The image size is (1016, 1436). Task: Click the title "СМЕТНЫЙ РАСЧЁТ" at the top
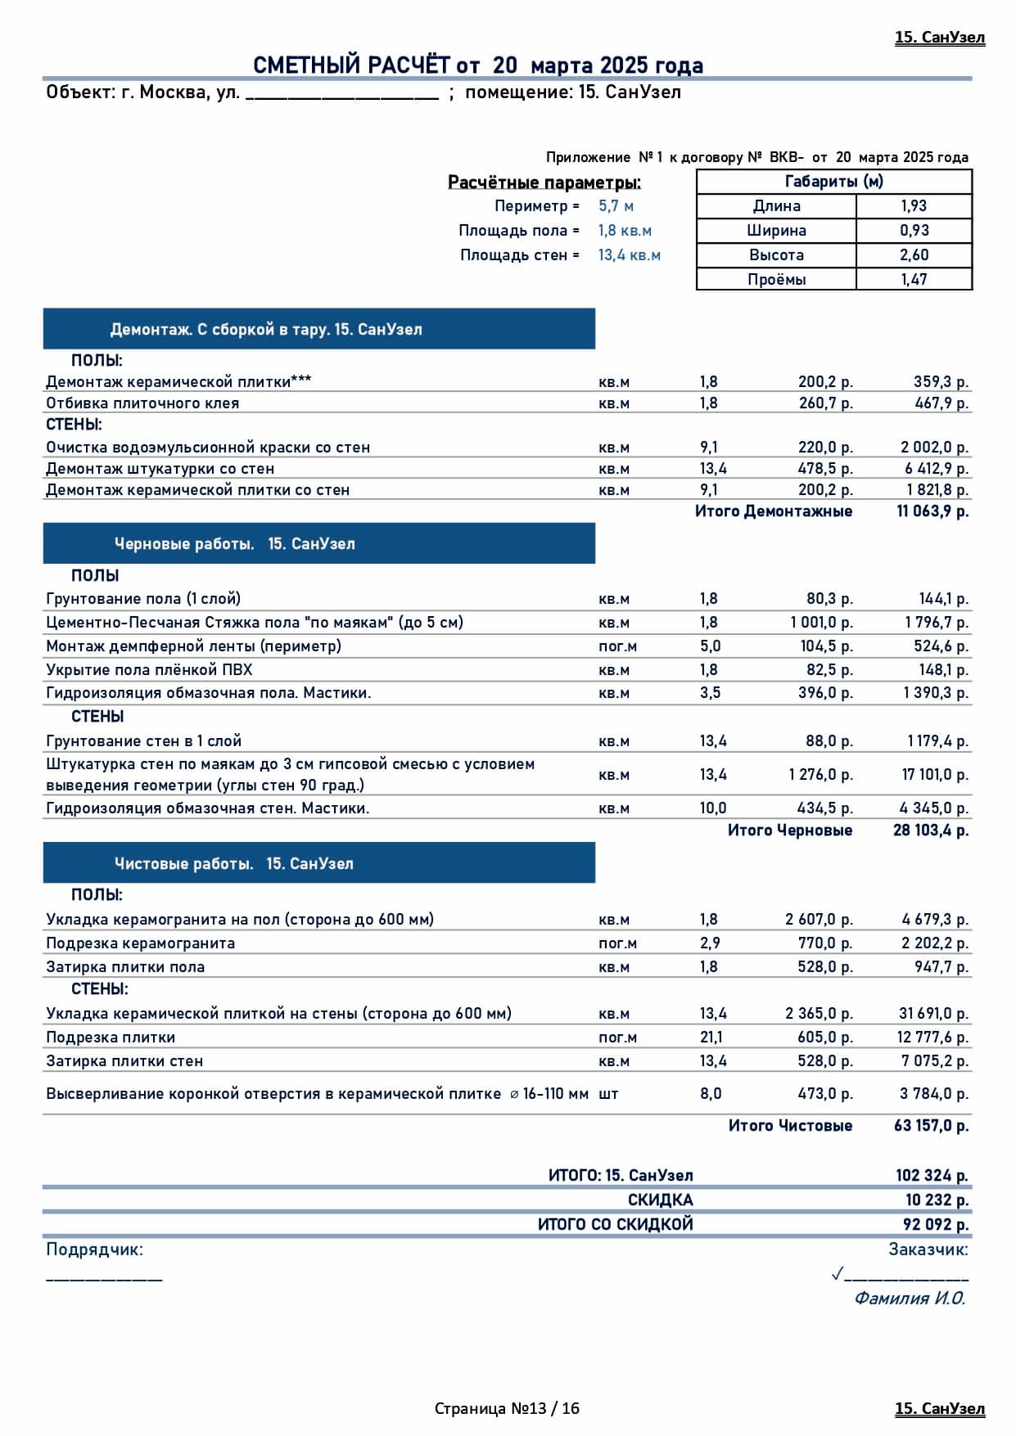pyautogui.click(x=352, y=65)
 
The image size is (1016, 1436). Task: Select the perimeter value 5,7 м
pyautogui.click(x=616, y=206)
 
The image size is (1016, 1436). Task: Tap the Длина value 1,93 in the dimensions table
pyautogui.click(x=914, y=206)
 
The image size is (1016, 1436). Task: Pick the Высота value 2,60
pyautogui.click(x=914, y=255)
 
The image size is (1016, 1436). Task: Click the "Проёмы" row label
pyautogui.click(x=776, y=280)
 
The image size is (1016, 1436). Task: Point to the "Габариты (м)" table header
pyautogui.click(x=833, y=182)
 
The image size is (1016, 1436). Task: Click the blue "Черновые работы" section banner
pyautogui.click(x=318, y=544)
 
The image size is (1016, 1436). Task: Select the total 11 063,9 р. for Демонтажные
pyautogui.click(x=932, y=511)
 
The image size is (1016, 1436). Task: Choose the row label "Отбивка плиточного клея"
pyautogui.click(x=142, y=403)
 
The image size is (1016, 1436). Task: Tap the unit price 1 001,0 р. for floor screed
pyautogui.click(x=821, y=623)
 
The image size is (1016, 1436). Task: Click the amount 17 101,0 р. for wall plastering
pyautogui.click(x=935, y=775)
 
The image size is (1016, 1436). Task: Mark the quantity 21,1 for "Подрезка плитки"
pyautogui.click(x=711, y=1038)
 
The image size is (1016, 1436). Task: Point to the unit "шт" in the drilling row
pyautogui.click(x=608, y=1094)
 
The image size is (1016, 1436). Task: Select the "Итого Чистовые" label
pyautogui.click(x=790, y=1126)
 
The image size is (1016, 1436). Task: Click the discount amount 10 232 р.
pyautogui.click(x=937, y=1200)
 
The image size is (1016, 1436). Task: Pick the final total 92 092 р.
pyautogui.click(x=936, y=1225)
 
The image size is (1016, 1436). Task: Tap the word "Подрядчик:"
pyautogui.click(x=94, y=1249)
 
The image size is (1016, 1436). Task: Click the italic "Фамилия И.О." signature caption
pyautogui.click(x=910, y=1299)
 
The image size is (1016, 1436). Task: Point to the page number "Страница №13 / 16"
pyautogui.click(x=507, y=1408)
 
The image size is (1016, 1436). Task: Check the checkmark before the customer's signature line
pyautogui.click(x=837, y=1274)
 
